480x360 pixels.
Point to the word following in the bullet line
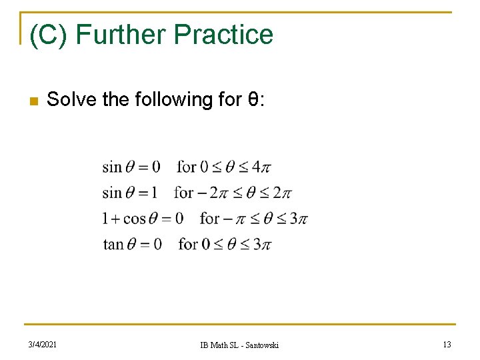173,100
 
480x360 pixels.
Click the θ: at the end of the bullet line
257,100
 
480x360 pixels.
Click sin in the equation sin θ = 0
112,167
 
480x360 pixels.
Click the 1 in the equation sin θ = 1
154,193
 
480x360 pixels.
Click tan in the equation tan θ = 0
113,244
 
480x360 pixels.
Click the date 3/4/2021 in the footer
43,344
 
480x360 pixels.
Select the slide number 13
447,344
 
